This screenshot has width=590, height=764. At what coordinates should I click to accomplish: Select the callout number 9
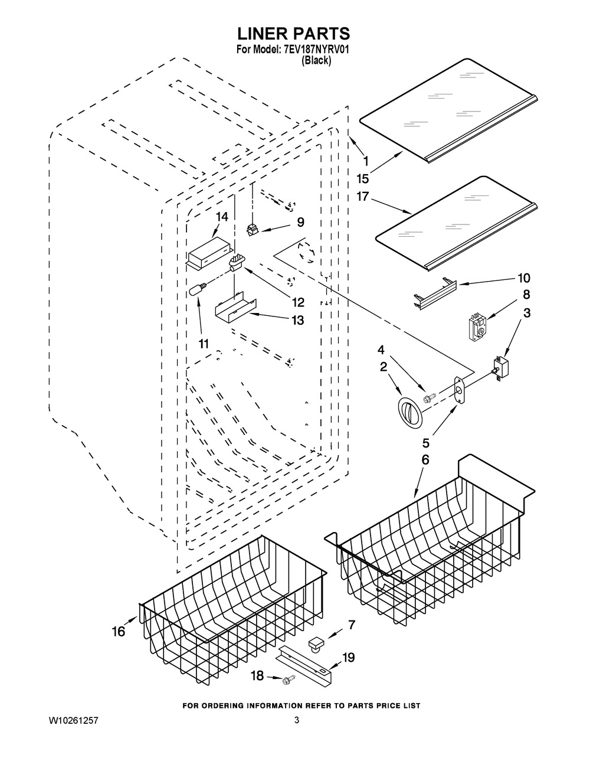[300, 222]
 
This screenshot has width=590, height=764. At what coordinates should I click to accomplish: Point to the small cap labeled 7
[317, 643]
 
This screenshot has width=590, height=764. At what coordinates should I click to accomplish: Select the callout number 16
[119, 631]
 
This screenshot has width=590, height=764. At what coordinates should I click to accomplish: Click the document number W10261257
[70, 720]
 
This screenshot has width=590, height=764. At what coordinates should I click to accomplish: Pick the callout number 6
[425, 459]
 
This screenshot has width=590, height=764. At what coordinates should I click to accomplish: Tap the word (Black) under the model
[316, 60]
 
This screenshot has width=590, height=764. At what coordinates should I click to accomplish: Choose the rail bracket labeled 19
[307, 664]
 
